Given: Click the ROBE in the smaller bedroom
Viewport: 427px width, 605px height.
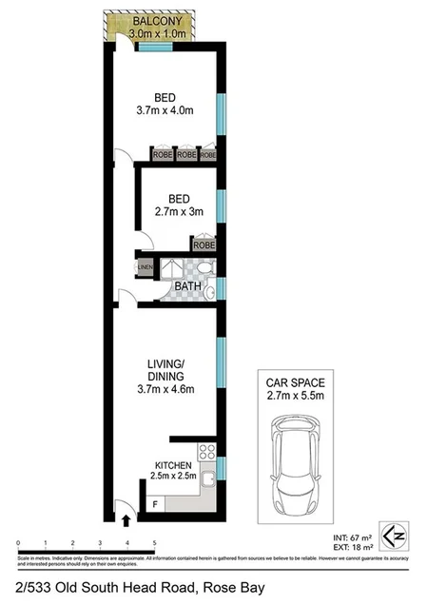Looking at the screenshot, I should coord(204,244).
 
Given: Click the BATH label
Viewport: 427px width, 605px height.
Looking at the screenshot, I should coord(186,285).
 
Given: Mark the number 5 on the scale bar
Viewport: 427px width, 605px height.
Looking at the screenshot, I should coord(154,542).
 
